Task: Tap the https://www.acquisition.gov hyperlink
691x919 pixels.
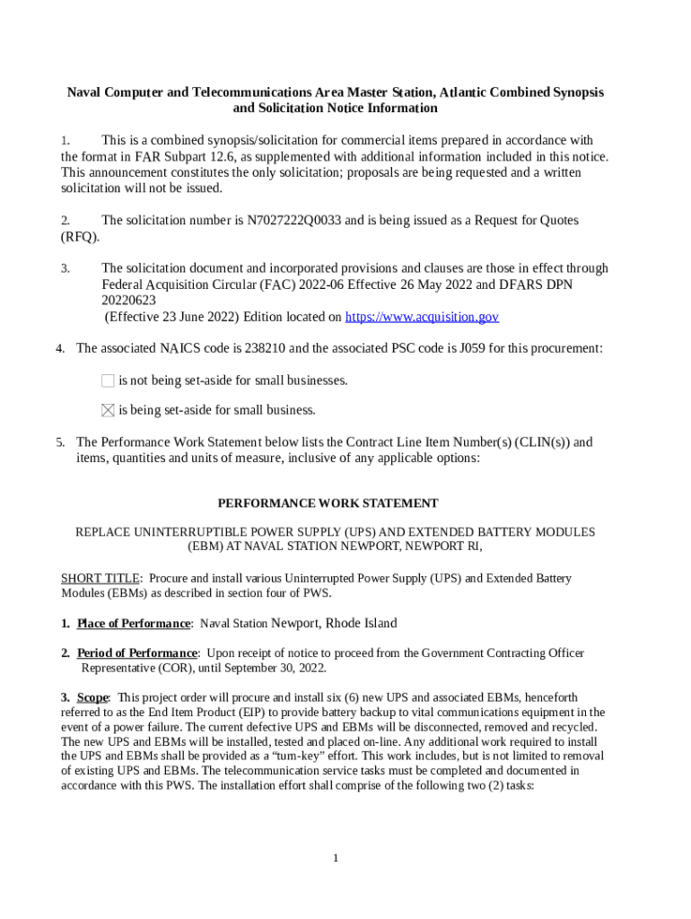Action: tap(422, 317)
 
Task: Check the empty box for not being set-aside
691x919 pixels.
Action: tap(108, 381)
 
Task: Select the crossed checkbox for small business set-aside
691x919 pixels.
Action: tap(108, 410)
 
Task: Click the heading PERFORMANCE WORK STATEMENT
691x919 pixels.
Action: tap(328, 503)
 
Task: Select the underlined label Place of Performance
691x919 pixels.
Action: tap(134, 624)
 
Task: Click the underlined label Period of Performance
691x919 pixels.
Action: tap(136, 653)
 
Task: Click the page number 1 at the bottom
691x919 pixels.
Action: tap(335, 859)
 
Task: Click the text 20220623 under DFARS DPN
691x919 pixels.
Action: tap(128, 301)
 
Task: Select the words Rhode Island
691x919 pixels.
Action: tap(361, 624)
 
